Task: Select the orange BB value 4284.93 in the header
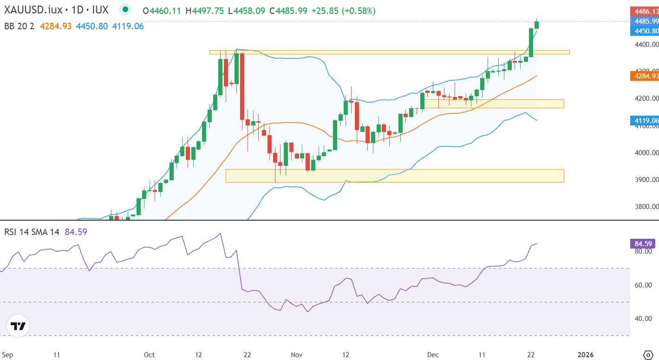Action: pyautogui.click(x=56, y=26)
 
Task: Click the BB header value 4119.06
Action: pyautogui.click(x=128, y=26)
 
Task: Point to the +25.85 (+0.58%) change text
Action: pyautogui.click(x=343, y=11)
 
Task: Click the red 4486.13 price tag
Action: pyautogui.click(x=644, y=11)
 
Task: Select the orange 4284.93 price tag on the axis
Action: pyautogui.click(x=644, y=76)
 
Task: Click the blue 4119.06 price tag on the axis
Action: pyautogui.click(x=644, y=121)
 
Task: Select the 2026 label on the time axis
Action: pyautogui.click(x=585, y=355)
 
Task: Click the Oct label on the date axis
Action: pyautogui.click(x=149, y=355)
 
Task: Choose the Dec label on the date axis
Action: pyautogui.click(x=432, y=355)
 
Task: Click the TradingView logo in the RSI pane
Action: pyautogui.click(x=19, y=326)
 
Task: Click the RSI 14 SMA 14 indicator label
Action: pyautogui.click(x=32, y=232)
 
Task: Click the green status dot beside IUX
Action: pyautogui.click(x=124, y=10)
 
